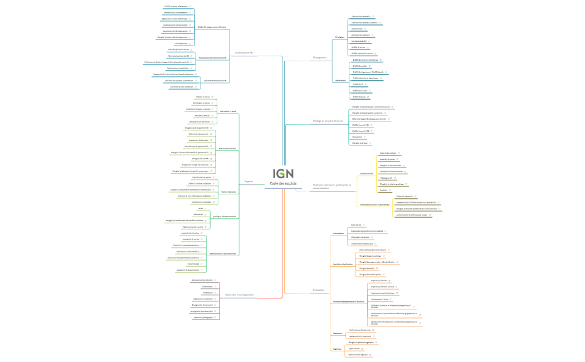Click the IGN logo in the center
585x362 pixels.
click(283, 174)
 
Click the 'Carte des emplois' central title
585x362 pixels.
click(283, 183)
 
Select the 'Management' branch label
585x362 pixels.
click(320, 57)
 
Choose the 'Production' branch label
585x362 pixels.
click(319, 290)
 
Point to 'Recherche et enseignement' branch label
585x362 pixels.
click(239, 295)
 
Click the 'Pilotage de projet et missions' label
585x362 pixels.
click(328, 120)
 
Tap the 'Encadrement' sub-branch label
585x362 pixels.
click(340, 80)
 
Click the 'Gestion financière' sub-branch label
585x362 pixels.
click(228, 192)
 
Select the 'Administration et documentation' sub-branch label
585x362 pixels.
click(223, 254)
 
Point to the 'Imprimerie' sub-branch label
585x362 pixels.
click(338, 334)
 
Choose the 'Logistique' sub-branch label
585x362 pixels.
click(337, 349)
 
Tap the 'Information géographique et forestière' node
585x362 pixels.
click(348, 301)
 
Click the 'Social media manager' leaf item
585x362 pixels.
click(388, 153)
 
